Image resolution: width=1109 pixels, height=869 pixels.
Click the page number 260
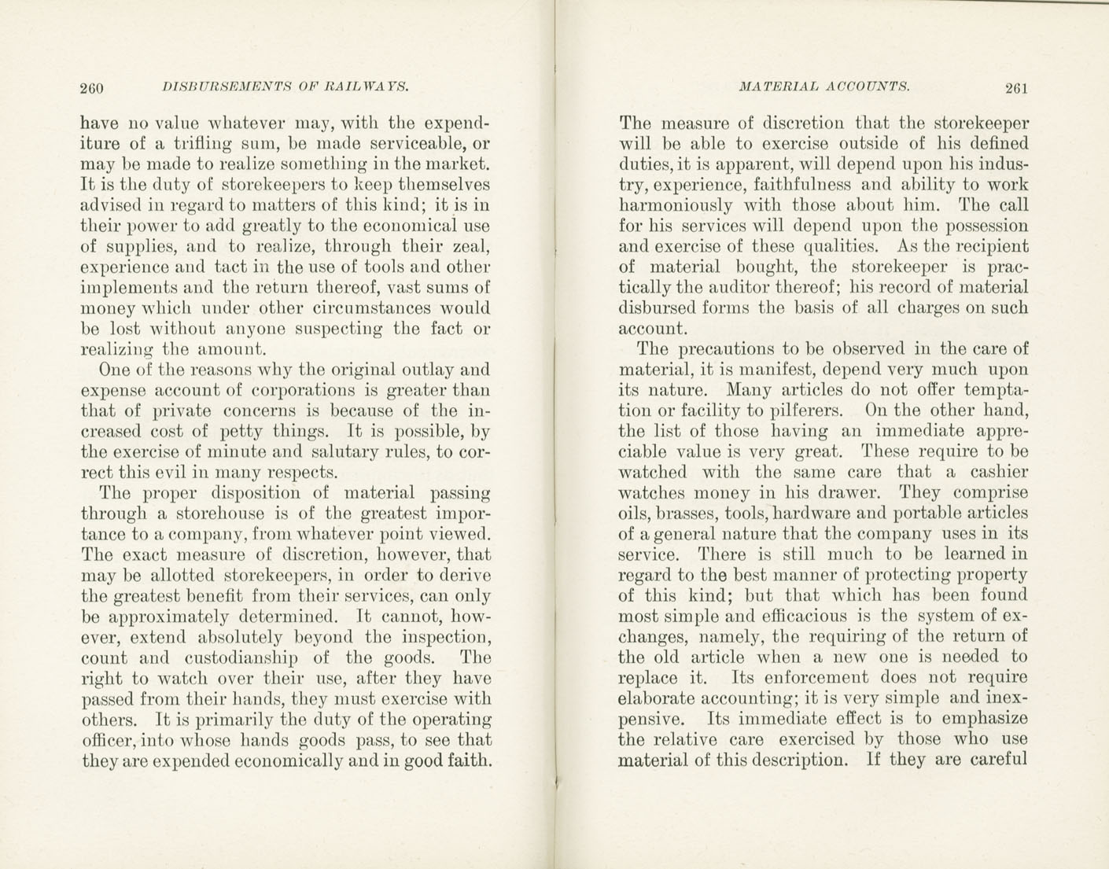[93, 88]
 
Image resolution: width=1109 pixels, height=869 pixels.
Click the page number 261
[1015, 88]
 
